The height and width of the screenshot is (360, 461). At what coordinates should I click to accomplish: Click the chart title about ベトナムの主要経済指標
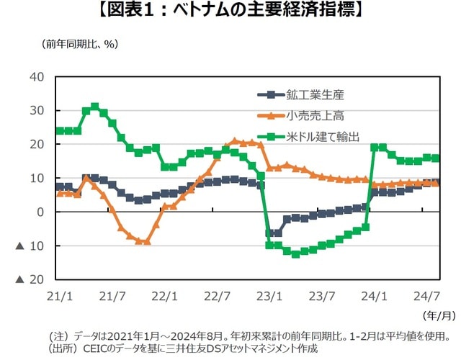231,12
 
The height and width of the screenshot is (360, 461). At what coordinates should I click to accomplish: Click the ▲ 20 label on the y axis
33,279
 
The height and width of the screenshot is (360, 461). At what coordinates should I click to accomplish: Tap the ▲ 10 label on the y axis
33,246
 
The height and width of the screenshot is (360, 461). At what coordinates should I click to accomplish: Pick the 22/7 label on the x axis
218,296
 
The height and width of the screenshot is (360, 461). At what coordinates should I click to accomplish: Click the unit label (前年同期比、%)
79,44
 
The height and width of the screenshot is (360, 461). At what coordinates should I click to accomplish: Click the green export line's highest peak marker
95,107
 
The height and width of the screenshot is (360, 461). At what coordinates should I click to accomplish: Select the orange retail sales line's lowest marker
147,242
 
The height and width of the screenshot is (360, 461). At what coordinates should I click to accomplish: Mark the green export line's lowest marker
295,254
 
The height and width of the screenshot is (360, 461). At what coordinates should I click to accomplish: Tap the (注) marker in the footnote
57,336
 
